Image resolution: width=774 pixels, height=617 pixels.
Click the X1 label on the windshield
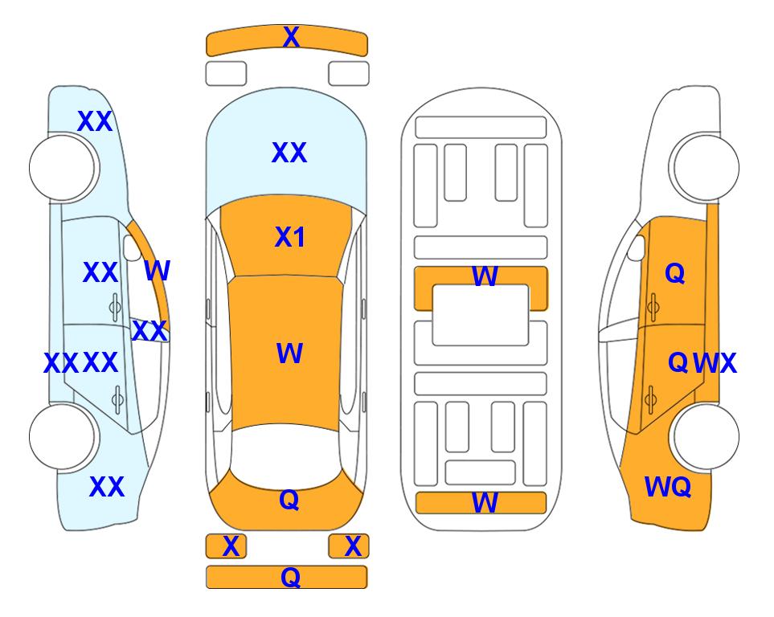pyautogui.click(x=290, y=237)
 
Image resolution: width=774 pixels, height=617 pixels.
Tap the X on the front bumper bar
pyautogui.click(x=291, y=37)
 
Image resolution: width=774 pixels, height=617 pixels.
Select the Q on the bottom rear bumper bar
pyautogui.click(x=291, y=577)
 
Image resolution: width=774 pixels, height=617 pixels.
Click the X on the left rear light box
pyautogui.click(x=231, y=546)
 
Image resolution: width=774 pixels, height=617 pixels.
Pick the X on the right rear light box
pyautogui.click(x=353, y=546)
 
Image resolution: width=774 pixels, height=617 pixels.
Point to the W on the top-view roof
pyautogui.click(x=289, y=353)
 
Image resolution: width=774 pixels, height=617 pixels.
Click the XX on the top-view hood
pyautogui.click(x=289, y=153)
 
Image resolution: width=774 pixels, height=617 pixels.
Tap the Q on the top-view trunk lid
pyautogui.click(x=289, y=500)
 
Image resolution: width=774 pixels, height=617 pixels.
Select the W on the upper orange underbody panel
pyautogui.click(x=485, y=276)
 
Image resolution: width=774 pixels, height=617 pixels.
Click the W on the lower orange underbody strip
pyautogui.click(x=485, y=503)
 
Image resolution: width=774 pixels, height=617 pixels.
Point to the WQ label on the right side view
pyautogui.click(x=668, y=487)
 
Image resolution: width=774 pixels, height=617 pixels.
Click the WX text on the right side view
pyautogui.click(x=715, y=363)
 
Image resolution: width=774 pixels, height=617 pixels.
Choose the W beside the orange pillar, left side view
pyautogui.click(x=157, y=271)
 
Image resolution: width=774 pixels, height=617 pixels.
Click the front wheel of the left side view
pyautogui.click(x=63, y=167)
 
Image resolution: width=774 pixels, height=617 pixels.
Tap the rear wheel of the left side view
pyautogui.click(x=63, y=436)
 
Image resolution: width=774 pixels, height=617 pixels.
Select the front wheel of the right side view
pyautogui.click(x=705, y=167)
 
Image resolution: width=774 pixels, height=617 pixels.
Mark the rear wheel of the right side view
pyautogui.click(x=705, y=436)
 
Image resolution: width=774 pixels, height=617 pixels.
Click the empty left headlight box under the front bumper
pyautogui.click(x=226, y=74)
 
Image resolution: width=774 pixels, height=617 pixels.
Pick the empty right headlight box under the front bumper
pyautogui.click(x=349, y=74)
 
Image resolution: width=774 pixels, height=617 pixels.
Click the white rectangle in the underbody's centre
pyautogui.click(x=481, y=315)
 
